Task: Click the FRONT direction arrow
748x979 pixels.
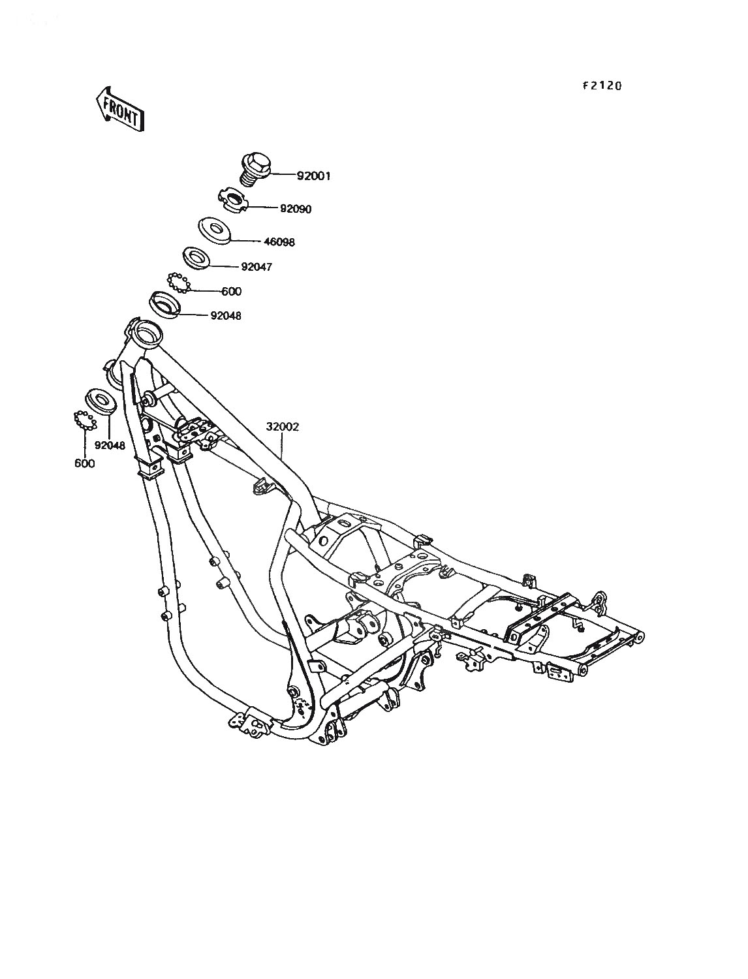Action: click(119, 108)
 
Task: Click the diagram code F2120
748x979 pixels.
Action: click(602, 85)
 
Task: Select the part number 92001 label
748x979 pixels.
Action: click(313, 176)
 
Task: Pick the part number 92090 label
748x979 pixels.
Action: click(296, 209)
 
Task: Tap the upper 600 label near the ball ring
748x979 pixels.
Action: click(232, 291)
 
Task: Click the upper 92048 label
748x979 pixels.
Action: click(226, 316)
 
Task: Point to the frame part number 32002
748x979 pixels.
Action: click(283, 427)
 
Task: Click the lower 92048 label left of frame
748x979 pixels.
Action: click(110, 446)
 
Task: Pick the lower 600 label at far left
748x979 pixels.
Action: click(85, 463)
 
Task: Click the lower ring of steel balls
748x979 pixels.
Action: click(84, 420)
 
